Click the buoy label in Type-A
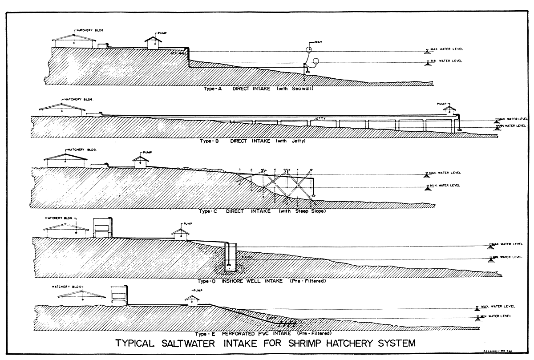click(x=318, y=42)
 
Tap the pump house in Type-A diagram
click(x=153, y=43)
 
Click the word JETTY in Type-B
click(x=318, y=118)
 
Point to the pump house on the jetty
click(x=449, y=109)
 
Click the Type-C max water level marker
click(x=428, y=174)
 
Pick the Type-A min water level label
click(x=447, y=61)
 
